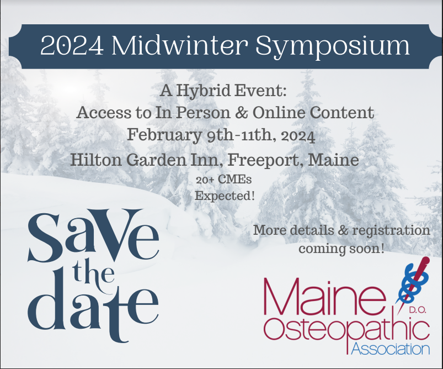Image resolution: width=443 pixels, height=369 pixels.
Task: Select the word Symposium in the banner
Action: (333, 47)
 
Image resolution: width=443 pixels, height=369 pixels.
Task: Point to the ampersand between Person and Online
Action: (242, 113)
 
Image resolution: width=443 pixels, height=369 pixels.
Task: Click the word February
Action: (164, 135)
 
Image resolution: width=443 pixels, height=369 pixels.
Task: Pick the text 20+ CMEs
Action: (224, 180)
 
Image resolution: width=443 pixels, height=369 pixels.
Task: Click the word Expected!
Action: (225, 196)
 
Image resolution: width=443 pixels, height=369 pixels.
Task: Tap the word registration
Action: (391, 231)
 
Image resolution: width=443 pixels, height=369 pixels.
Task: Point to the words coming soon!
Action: (341, 249)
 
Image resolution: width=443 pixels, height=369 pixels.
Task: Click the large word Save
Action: (93, 235)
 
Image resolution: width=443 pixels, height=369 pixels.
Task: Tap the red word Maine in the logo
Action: (324, 297)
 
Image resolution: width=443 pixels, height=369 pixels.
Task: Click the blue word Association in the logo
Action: (391, 349)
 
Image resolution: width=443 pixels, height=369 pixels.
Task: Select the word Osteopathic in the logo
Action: (346, 330)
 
